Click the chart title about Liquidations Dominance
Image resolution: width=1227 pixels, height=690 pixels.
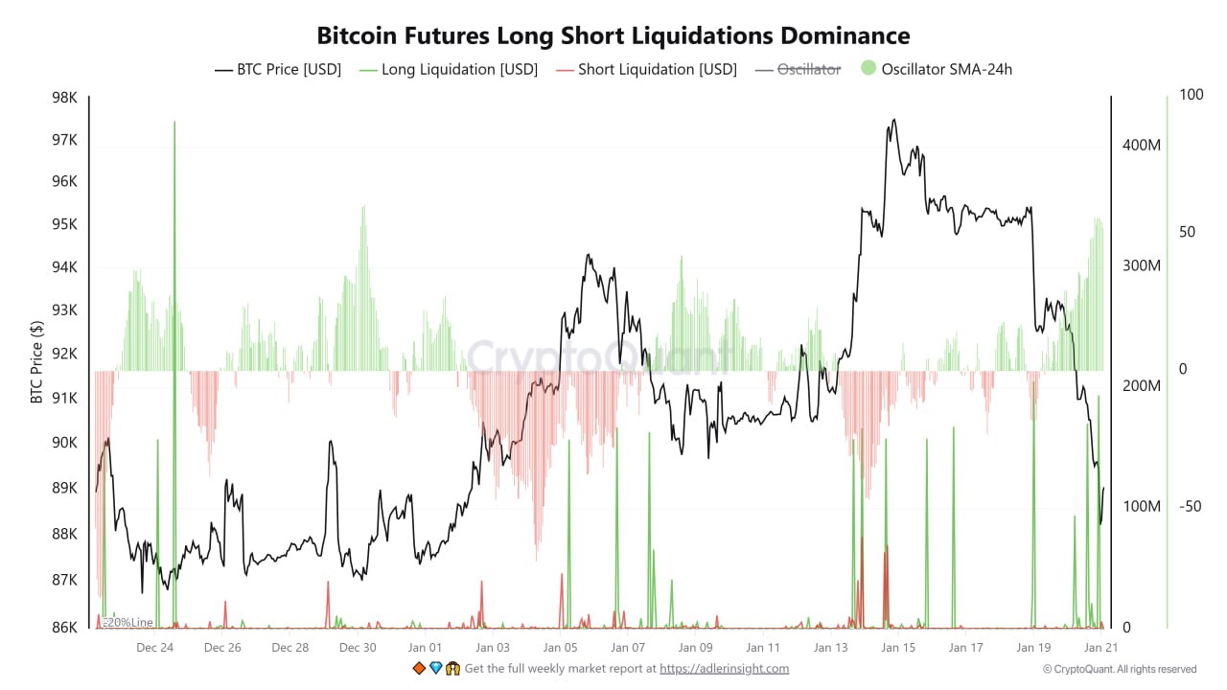(x=613, y=35)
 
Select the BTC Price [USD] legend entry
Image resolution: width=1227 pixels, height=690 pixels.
(x=278, y=69)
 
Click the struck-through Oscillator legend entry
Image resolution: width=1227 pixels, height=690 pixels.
(x=798, y=69)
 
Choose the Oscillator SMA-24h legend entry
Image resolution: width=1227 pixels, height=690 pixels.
(x=937, y=69)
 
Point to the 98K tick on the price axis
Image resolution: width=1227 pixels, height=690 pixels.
(x=65, y=98)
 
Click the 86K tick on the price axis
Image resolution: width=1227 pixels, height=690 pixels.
(x=65, y=628)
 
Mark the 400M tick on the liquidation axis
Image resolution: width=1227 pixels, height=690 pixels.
(x=1142, y=145)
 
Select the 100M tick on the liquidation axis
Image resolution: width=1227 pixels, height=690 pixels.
(x=1142, y=506)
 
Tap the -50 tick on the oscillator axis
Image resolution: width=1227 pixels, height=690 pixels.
(x=1190, y=506)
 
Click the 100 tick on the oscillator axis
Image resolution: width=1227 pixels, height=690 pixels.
(x=1191, y=95)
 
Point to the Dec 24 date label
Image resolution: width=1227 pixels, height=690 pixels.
(x=154, y=648)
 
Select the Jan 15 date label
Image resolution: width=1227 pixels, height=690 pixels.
(x=898, y=648)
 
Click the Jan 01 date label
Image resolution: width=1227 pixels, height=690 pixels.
(x=425, y=648)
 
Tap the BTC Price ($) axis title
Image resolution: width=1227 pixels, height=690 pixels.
(x=36, y=361)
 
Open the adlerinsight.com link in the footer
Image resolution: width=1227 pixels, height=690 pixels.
(x=724, y=669)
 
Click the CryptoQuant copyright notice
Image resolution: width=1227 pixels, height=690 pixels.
(x=1120, y=669)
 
